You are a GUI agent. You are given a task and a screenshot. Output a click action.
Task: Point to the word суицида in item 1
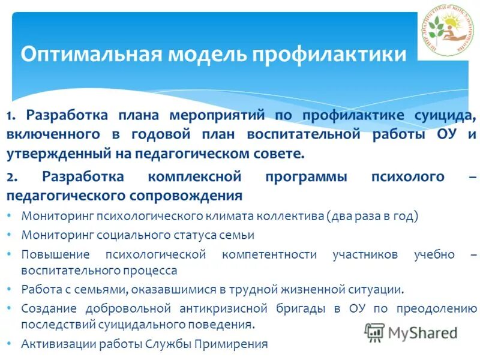coord(445,115)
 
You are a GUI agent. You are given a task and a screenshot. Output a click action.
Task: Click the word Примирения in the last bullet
coord(235,344)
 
